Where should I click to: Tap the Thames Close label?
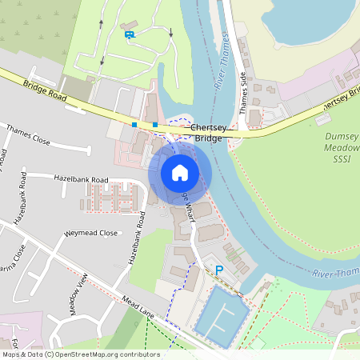[28, 134]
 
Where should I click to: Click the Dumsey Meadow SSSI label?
[342, 148]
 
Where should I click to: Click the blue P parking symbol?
[218, 270]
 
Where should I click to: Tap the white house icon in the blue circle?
[180, 173]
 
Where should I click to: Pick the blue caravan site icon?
[129, 34]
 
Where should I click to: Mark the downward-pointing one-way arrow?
[171, 33]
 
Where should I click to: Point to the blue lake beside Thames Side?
[312, 20]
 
